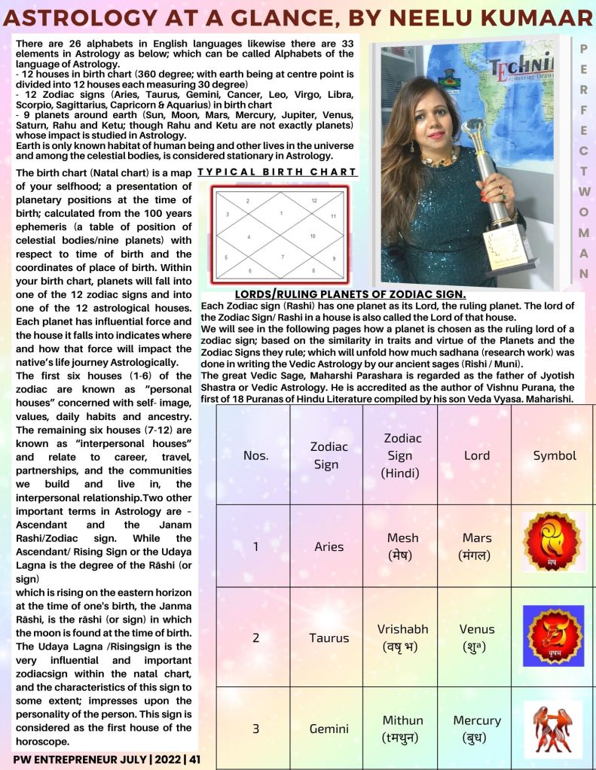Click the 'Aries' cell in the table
(329, 546)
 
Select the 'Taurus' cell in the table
(329, 638)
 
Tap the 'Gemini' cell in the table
(329, 729)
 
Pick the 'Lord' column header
(476, 455)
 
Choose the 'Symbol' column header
(555, 455)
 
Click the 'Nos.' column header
(255, 455)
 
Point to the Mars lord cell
(476, 546)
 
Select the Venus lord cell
(476, 637)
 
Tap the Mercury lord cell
(476, 728)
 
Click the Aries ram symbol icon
(554, 540)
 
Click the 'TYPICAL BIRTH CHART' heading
(277, 173)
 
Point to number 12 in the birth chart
(314, 201)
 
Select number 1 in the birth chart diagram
(280, 214)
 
